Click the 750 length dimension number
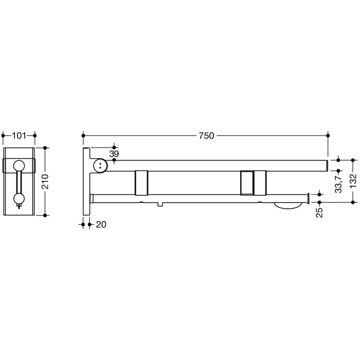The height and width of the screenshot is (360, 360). click(206, 136)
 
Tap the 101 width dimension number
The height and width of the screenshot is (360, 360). click(19, 136)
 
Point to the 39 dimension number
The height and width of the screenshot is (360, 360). click(114, 154)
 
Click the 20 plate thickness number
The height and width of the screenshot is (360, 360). click(101, 224)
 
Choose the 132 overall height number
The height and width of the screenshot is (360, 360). click(353, 182)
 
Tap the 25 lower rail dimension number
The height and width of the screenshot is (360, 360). click(319, 211)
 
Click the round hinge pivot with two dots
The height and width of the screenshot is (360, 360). click(100, 166)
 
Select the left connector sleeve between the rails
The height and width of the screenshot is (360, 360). click(141, 183)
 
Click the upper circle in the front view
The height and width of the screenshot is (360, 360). click(19, 166)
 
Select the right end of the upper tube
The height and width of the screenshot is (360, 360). click(326, 166)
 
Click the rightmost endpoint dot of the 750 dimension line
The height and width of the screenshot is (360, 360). click(328, 136)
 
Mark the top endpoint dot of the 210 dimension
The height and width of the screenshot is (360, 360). click(45, 148)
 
